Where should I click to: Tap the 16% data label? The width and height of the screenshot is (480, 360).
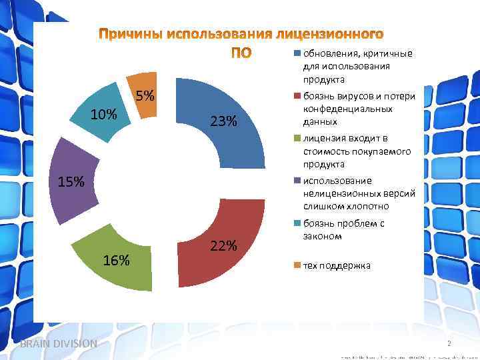pyautogui.click(x=116, y=260)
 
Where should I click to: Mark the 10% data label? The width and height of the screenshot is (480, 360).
pyautogui.click(x=103, y=115)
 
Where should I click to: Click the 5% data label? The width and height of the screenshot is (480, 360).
pyautogui.click(x=145, y=96)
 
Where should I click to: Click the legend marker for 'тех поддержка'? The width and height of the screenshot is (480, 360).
pyautogui.click(x=297, y=265)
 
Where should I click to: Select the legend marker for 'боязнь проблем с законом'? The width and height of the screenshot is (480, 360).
pyautogui.click(x=297, y=223)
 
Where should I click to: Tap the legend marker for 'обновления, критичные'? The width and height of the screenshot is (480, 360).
pyautogui.click(x=297, y=53)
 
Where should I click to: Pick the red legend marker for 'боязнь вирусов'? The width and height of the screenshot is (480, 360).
pyautogui.click(x=297, y=96)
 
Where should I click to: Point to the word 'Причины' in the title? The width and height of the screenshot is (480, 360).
pyautogui.click(x=130, y=34)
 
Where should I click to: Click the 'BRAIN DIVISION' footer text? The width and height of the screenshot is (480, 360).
pyautogui.click(x=59, y=343)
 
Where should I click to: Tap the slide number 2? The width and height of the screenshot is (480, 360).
pyautogui.click(x=449, y=343)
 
